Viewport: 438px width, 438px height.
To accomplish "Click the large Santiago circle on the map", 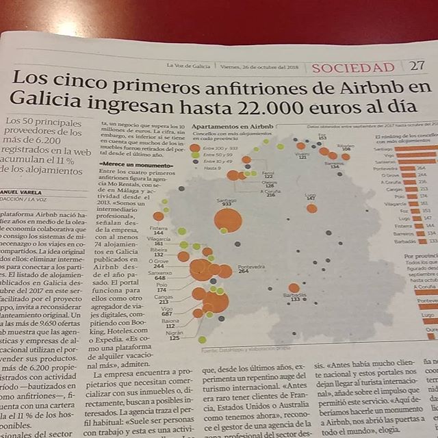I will pyautogui.click(x=228, y=220).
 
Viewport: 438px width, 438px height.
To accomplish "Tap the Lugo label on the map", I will pyautogui.click(x=311, y=194).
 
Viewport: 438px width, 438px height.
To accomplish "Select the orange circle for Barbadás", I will pyautogui.click(x=294, y=288).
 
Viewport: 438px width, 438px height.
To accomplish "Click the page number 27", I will pyautogui.click(x=417, y=66).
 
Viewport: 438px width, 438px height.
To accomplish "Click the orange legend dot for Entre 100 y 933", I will pyautogui.click(x=195, y=147).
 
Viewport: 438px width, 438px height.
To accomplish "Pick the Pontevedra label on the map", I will pyautogui.click(x=251, y=266).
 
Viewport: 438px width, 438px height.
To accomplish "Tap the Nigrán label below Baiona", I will pyautogui.click(x=175, y=333).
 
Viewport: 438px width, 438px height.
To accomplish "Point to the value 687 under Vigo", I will pyautogui.click(x=166, y=314).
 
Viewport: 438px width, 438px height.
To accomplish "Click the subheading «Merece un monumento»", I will pyautogui.click(x=131, y=165).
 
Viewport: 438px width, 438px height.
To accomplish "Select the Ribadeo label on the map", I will pyautogui.click(x=345, y=145).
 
